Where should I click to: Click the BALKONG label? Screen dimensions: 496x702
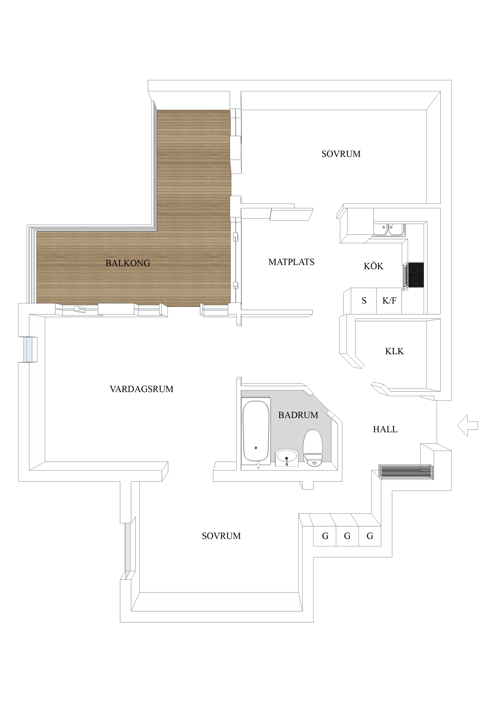[128, 263]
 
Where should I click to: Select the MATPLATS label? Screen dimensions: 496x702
[291, 262]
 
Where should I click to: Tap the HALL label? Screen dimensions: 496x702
[385, 429]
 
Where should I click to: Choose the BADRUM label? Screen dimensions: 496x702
[298, 415]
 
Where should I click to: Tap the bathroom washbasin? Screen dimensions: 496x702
[287, 457]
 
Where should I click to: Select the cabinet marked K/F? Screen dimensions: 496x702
[389, 301]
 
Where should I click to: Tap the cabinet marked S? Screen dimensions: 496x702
[364, 301]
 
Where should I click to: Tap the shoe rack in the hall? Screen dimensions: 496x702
[406, 472]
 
